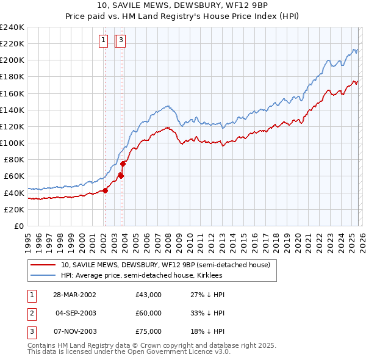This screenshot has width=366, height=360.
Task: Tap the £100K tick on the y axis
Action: (12, 143)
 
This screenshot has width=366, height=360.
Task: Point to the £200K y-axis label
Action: (12, 60)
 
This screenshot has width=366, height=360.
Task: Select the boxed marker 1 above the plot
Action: (104, 41)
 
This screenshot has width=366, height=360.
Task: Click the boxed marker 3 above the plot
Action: (121, 41)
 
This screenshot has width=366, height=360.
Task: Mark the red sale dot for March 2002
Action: (105, 190)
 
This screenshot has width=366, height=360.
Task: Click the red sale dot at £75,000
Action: (123, 164)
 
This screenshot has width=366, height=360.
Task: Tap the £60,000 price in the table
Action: (148, 313)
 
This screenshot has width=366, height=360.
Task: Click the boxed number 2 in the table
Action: (31, 313)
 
